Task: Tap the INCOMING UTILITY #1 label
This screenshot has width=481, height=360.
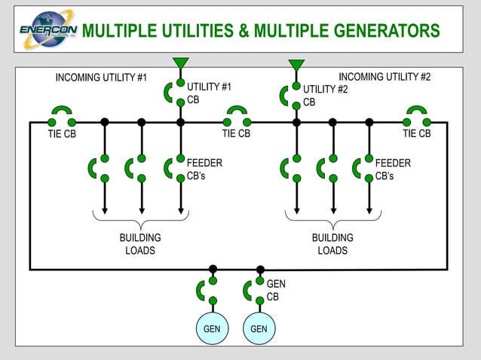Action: (101, 78)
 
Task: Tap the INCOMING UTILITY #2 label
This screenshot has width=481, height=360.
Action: (384, 77)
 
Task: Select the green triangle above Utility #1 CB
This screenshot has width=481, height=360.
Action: (180, 63)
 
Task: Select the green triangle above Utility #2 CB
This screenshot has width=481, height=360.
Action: (296, 65)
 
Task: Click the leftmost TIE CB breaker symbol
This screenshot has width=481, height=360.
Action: (62, 117)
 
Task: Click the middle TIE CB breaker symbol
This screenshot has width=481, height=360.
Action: (237, 117)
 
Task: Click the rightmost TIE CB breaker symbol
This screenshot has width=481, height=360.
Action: (416, 117)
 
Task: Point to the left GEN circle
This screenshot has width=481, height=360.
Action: (213, 329)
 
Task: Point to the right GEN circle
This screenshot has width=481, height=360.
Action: (259, 329)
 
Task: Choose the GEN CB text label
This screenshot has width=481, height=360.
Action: (276, 290)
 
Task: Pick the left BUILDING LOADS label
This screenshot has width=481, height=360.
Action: (140, 244)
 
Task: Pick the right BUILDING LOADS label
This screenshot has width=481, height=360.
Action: (332, 244)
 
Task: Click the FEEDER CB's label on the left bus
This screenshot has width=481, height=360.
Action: (204, 169)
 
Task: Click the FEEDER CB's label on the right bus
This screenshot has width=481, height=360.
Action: (393, 169)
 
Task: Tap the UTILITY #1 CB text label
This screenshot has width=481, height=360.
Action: (209, 93)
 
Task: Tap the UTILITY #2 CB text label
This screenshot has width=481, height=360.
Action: (325, 96)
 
